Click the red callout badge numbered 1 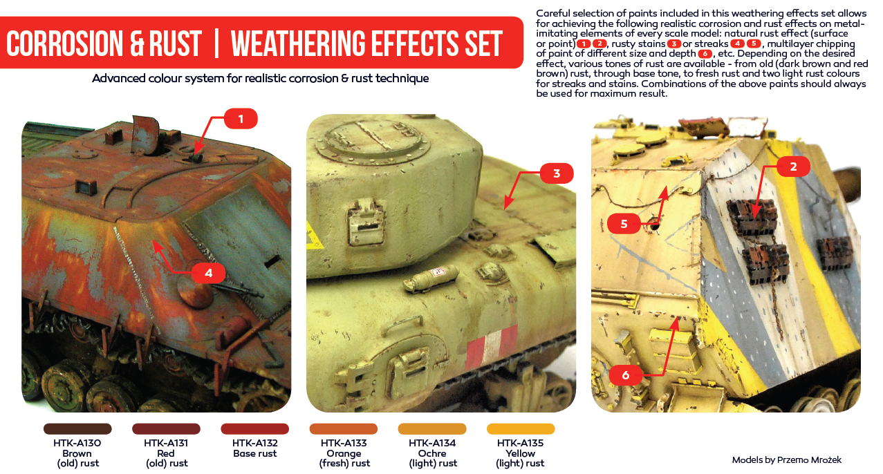pyautogui.click(x=241, y=119)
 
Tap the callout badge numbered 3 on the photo pyautogui.click(x=557, y=173)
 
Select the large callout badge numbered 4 pyautogui.click(x=208, y=273)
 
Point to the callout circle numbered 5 pyautogui.click(x=624, y=223)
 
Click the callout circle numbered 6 pyautogui.click(x=626, y=375)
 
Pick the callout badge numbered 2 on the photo pyautogui.click(x=792, y=166)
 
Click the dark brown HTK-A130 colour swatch pyautogui.click(x=77, y=429)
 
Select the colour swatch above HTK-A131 pyautogui.click(x=166, y=429)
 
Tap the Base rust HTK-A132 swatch pyautogui.click(x=254, y=429)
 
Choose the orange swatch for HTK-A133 pyautogui.click(x=344, y=429)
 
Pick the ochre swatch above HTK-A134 pyautogui.click(x=432, y=429)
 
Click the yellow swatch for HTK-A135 pyautogui.click(x=521, y=429)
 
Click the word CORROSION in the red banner pyautogui.click(x=65, y=44)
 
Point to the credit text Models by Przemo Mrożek pyautogui.click(x=787, y=459)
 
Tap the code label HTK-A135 pyautogui.click(x=520, y=443)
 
